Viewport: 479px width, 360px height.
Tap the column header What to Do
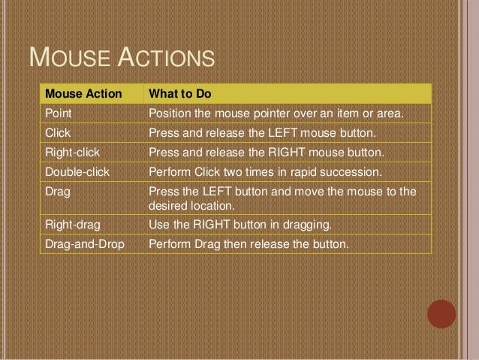[180, 94]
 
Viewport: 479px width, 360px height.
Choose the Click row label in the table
[58, 133]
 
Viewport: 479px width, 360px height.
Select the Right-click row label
[72, 153]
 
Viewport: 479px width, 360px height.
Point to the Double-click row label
[77, 172]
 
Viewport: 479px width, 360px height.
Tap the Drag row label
[57, 192]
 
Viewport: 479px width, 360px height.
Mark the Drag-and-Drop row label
[84, 244]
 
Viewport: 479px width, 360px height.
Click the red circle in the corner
[441, 314]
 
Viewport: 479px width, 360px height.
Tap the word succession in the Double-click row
[351, 172]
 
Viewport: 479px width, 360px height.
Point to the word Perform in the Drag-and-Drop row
[169, 244]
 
